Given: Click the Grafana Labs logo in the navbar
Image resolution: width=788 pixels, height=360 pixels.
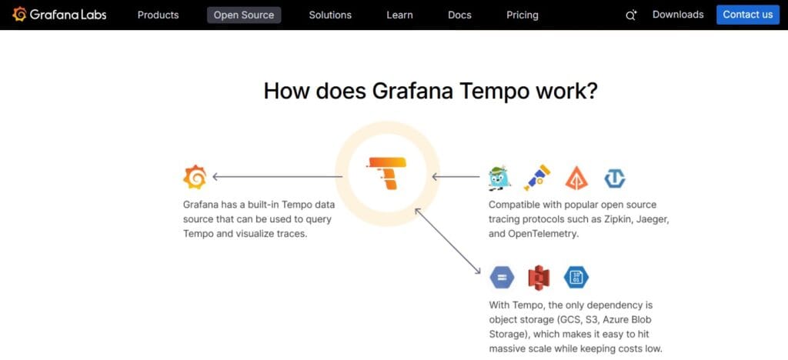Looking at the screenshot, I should point(59,15).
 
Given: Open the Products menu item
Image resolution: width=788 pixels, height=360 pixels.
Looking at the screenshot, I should point(158,15).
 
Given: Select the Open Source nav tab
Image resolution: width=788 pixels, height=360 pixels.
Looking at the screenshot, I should point(244,15).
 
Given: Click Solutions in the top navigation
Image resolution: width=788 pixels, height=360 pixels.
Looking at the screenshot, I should point(330,15).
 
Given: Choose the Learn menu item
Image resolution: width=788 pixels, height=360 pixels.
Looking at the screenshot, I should point(399,15).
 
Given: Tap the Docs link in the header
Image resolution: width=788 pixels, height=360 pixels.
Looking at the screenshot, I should point(459,15).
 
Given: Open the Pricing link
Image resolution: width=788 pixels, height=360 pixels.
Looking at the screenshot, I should point(523,15).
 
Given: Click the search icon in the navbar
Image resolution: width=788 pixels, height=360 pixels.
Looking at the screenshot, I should point(631,15).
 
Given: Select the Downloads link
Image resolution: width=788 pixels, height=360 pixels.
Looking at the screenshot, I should point(678,15).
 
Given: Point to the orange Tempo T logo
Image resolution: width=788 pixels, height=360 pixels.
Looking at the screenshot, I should point(387,173).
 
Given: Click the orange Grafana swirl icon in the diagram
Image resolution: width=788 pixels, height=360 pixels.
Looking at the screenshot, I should point(195,177).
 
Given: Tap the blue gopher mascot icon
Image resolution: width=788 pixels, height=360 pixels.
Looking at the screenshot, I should point(500,178).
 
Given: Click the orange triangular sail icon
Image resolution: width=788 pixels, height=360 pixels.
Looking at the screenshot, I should point(576,178).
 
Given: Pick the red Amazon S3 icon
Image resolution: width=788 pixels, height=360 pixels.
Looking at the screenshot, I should point(539,277).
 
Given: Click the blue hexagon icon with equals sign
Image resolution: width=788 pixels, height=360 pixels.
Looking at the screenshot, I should point(501,277).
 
